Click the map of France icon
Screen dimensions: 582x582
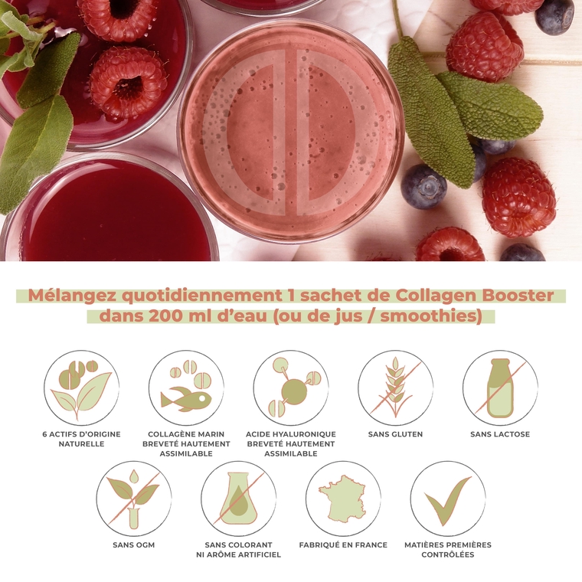(x=343, y=498)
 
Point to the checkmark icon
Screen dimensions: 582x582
(x=448, y=498)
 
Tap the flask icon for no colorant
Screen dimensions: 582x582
(x=238, y=498)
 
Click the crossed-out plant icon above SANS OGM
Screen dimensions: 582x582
(x=134, y=498)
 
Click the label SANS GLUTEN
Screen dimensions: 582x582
(x=395, y=434)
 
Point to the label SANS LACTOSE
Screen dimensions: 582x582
(x=500, y=434)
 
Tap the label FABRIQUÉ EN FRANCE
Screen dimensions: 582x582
(x=343, y=545)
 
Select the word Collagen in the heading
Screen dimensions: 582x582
(x=438, y=296)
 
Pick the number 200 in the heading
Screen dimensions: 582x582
(x=166, y=316)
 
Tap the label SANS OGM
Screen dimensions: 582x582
(x=134, y=545)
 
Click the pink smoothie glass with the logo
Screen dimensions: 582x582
(x=290, y=130)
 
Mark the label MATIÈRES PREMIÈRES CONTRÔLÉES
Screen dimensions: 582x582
(x=448, y=550)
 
